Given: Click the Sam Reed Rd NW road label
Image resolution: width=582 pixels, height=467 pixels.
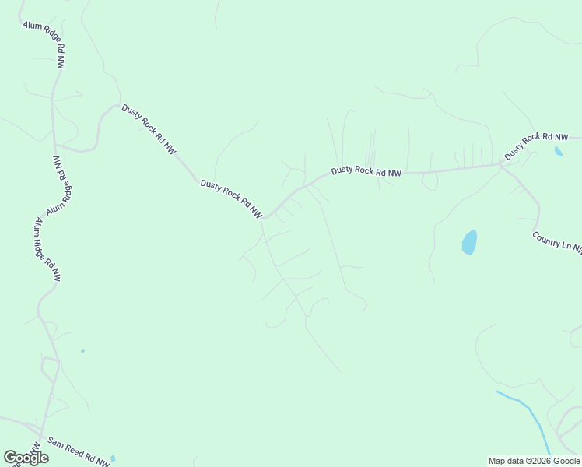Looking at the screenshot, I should tap(78, 451).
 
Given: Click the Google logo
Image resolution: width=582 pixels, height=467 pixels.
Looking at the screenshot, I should tap(26, 458).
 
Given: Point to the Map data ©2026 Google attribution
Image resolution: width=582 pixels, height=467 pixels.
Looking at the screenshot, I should tap(535, 461).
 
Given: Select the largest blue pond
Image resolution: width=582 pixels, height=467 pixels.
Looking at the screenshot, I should tap(469, 242).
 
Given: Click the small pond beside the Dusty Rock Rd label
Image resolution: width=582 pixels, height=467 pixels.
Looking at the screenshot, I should tap(558, 152).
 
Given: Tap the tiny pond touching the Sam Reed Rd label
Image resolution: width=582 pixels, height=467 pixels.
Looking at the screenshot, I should tap(113, 458).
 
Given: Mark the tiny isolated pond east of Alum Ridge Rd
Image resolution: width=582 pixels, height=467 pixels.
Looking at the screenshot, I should tap(82, 351).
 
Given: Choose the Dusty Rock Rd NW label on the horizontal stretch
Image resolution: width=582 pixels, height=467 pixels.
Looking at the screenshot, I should tap(366, 171).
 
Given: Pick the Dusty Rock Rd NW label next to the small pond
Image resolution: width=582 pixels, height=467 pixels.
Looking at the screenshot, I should tap(532, 146).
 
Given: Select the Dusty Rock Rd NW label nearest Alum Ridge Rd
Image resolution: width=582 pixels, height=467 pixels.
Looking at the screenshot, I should tap(148, 129).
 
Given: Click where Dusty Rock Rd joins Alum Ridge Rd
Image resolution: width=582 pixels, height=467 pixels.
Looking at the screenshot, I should tap(56, 145).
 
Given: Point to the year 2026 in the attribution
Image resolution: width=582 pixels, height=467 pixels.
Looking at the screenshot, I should tap(540, 461).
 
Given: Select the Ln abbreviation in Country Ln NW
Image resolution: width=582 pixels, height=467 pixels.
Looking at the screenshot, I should tap(566, 245).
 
